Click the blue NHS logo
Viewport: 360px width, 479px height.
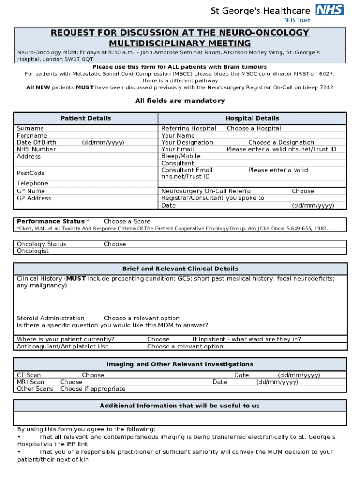point(330,9)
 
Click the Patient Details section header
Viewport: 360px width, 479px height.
point(86,118)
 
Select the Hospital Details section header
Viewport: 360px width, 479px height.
point(252,118)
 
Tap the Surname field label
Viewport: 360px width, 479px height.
point(30,128)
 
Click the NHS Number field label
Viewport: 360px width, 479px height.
point(36,149)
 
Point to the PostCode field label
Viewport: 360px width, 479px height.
point(31,173)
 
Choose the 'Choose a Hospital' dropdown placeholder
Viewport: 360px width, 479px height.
point(253,128)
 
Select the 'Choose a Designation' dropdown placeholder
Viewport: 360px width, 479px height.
point(281,142)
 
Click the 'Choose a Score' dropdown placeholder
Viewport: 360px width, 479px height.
point(127,221)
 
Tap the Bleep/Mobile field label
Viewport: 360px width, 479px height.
point(180,156)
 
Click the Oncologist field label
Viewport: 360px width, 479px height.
point(33,251)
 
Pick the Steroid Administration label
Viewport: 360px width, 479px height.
point(50,318)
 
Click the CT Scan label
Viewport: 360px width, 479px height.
point(29,375)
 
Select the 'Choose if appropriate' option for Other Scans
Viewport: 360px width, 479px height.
point(93,389)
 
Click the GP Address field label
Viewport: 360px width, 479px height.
point(34,198)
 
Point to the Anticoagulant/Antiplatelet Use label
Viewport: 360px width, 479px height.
point(63,347)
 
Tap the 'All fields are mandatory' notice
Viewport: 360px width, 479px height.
point(180,101)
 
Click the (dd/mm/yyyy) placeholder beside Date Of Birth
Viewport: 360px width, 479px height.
point(103,142)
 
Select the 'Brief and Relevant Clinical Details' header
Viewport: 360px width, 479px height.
point(180,269)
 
